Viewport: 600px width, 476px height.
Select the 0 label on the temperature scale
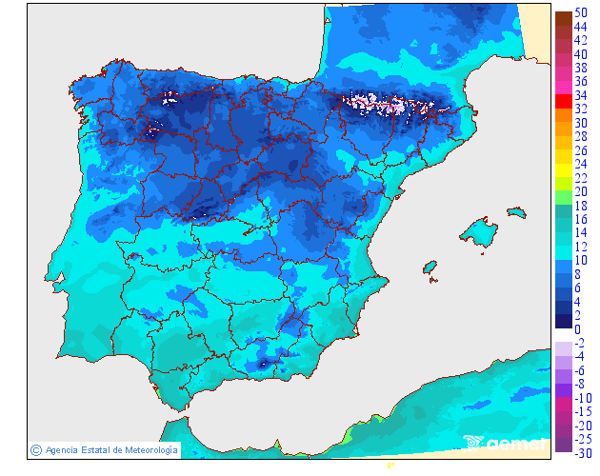click(577, 329)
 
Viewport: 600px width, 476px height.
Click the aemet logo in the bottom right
click(505, 443)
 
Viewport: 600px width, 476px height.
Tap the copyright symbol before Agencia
click(35, 449)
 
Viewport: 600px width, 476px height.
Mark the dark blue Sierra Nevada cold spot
click(262, 364)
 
